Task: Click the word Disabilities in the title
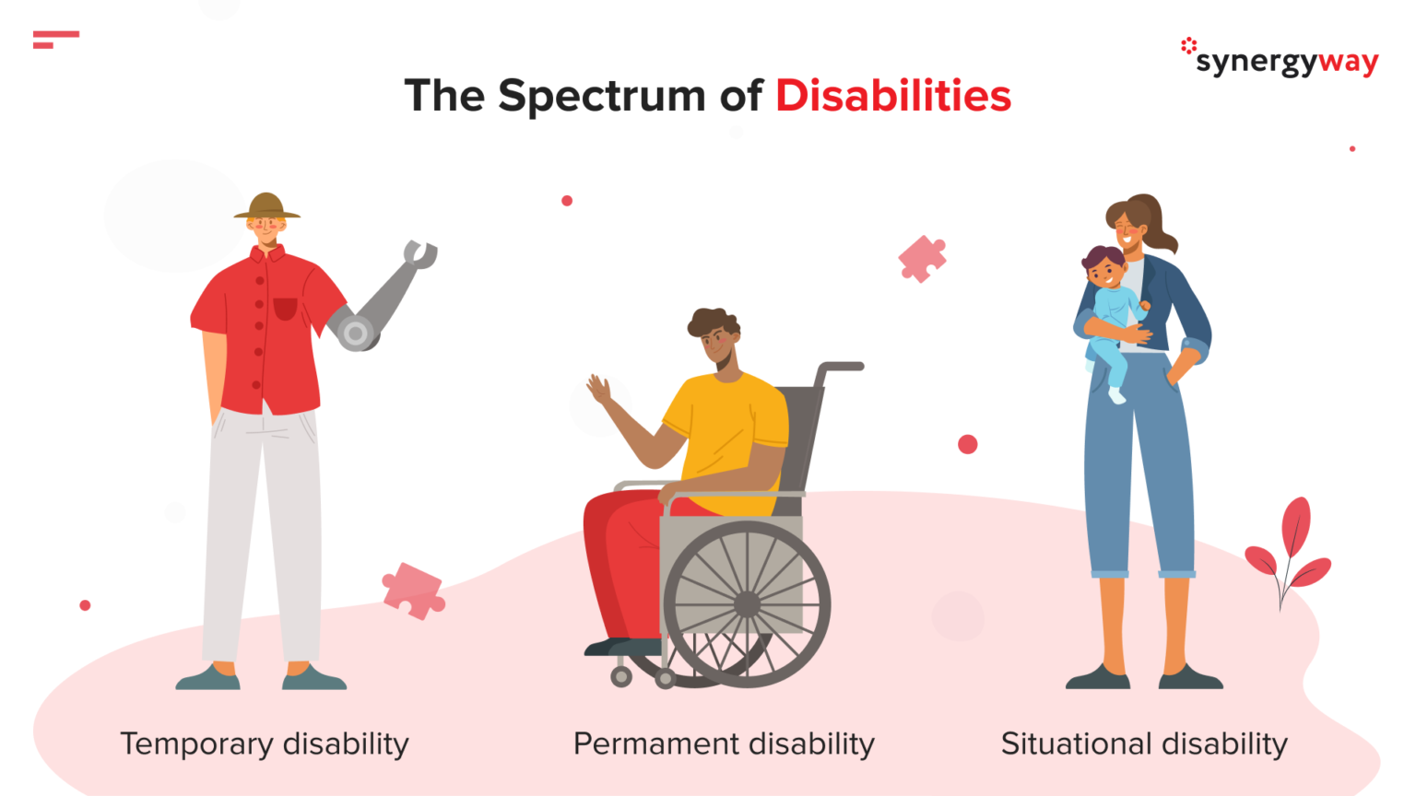892,96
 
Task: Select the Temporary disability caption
265,743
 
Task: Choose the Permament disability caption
724,743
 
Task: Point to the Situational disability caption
1144,743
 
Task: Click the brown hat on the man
266,206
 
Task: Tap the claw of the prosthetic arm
420,253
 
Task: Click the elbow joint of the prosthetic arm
356,333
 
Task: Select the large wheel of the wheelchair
747,604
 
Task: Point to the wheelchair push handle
841,367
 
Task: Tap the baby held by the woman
1111,304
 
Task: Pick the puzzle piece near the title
922,258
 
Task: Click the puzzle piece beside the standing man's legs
413,590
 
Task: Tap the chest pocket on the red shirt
286,309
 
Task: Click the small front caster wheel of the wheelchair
621,677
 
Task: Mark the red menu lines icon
55,39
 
